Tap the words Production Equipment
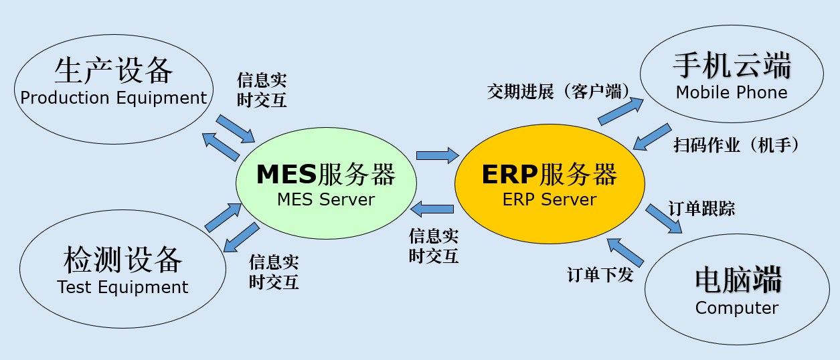(x=114, y=98)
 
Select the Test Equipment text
(x=123, y=287)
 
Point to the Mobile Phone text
(x=732, y=92)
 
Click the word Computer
(x=737, y=308)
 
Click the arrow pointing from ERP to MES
(x=432, y=211)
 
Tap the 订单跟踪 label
(x=701, y=209)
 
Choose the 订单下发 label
(x=600, y=274)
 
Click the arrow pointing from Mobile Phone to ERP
(x=652, y=137)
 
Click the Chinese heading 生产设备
(x=114, y=70)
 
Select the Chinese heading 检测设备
(x=123, y=259)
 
